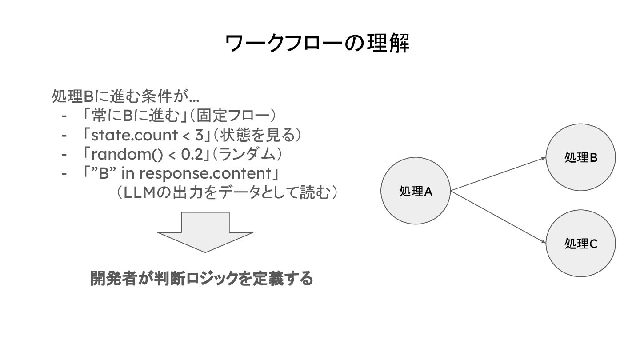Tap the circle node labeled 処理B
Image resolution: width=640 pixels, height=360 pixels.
pos(580,157)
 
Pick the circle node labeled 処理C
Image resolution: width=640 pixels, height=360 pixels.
pos(580,243)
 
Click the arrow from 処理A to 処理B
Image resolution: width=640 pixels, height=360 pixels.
pos(498,174)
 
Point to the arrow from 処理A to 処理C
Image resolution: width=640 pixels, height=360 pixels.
pos(498,216)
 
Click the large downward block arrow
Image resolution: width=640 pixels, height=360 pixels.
pos(205,232)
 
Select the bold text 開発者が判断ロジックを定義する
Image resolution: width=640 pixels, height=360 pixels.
pos(202,279)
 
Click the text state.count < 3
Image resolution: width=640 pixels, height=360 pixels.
pos(147,135)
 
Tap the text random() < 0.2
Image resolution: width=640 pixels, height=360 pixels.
pos(147,154)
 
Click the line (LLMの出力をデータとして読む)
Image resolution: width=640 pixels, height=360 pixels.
pos(227,192)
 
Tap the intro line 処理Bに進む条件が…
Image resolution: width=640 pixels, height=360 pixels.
pos(125,96)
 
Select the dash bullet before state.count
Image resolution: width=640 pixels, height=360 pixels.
pos(64,135)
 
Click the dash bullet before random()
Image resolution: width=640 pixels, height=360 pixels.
pos(64,154)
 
